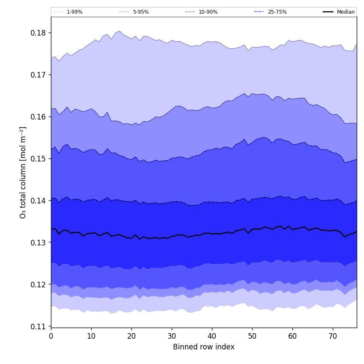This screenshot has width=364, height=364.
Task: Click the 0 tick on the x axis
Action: click(x=51, y=336)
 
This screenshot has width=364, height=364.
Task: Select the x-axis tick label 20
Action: click(x=131, y=336)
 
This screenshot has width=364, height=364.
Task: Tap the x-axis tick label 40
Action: click(x=212, y=336)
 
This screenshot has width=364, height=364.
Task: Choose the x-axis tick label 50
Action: click(x=252, y=336)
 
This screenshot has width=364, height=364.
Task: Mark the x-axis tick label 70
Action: click(x=333, y=336)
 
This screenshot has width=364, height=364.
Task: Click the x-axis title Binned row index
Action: click(x=204, y=347)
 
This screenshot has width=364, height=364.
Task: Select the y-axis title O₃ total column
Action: click(x=23, y=172)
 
